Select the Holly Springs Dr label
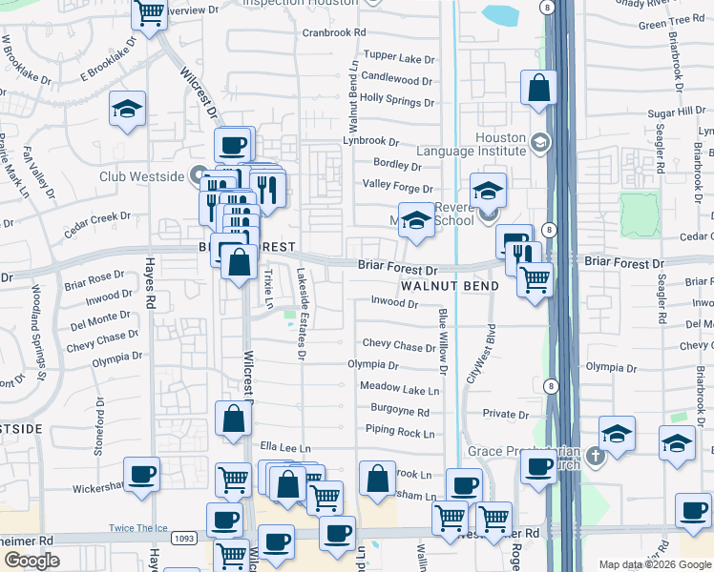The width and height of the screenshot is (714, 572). pyautogui.click(x=396, y=98)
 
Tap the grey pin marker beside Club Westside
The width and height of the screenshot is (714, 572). pyautogui.click(x=198, y=175)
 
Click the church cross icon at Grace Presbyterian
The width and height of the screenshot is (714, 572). pyautogui.click(x=596, y=456)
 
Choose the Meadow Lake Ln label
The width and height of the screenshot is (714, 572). pyautogui.click(x=400, y=389)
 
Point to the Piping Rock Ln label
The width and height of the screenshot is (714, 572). pyautogui.click(x=396, y=432)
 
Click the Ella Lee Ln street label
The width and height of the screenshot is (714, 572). pyautogui.click(x=285, y=447)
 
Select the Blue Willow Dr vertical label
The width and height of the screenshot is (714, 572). pyautogui.click(x=443, y=341)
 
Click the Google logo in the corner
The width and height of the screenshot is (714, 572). pyautogui.click(x=31, y=562)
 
